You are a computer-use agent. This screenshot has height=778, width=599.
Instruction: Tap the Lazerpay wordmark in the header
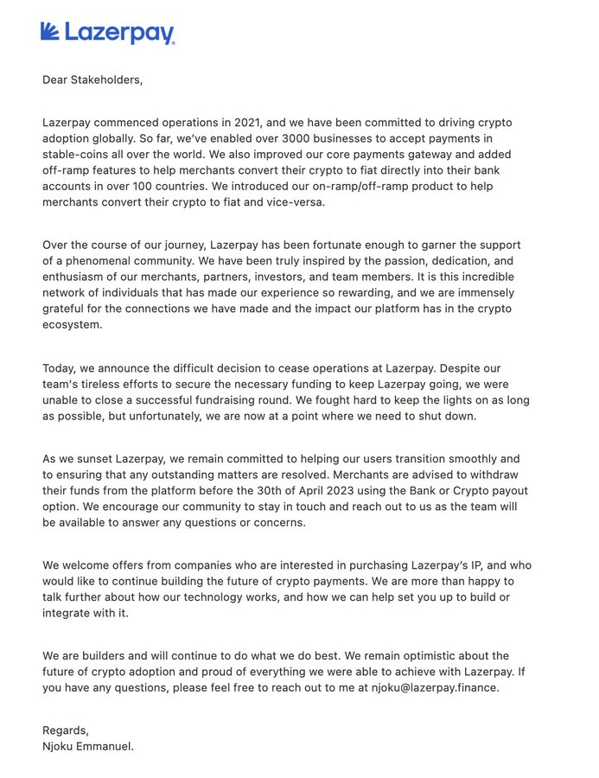[118, 34]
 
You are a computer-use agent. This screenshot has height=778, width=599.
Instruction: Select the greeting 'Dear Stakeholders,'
[92, 80]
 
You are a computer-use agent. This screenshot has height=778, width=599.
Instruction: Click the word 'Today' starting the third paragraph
[61, 367]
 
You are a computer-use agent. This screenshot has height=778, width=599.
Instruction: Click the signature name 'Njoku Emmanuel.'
[88, 746]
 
